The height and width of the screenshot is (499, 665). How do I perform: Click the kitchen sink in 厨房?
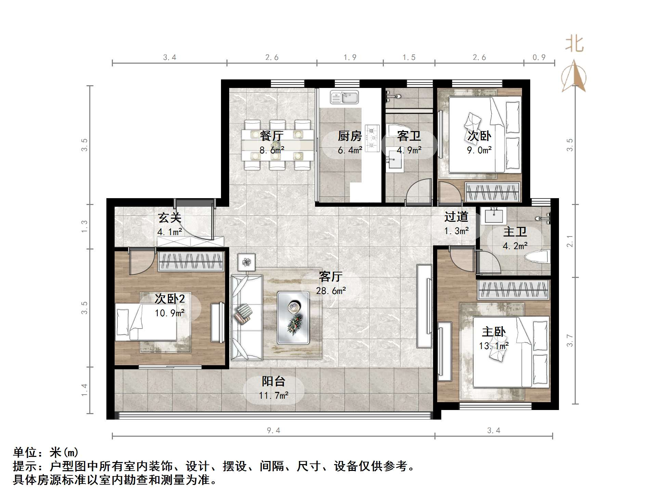click(x=344, y=97)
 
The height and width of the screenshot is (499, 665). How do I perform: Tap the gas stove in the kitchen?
click(x=372, y=138)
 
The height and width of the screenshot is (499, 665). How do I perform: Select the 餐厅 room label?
click(x=272, y=136)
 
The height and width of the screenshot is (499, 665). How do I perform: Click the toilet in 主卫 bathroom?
click(x=539, y=257)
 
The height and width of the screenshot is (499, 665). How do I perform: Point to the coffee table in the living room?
click(x=293, y=318)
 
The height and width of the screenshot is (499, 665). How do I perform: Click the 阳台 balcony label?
click(x=273, y=381)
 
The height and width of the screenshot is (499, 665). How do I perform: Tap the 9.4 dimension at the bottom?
click(x=273, y=431)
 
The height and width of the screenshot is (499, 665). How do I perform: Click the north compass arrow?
click(x=574, y=76)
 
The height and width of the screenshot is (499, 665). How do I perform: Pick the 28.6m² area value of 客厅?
click(x=331, y=291)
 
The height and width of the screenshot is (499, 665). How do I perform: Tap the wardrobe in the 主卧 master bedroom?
click(x=513, y=290)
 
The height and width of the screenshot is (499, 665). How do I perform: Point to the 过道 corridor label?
click(x=456, y=217)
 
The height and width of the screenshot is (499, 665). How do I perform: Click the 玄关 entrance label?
click(x=169, y=218)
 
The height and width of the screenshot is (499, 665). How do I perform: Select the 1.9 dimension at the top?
click(x=350, y=57)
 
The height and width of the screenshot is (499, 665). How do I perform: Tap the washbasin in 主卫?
click(x=493, y=216)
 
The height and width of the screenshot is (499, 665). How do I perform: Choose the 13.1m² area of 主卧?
click(x=494, y=346)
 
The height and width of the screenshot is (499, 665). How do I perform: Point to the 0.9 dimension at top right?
click(x=539, y=57)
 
